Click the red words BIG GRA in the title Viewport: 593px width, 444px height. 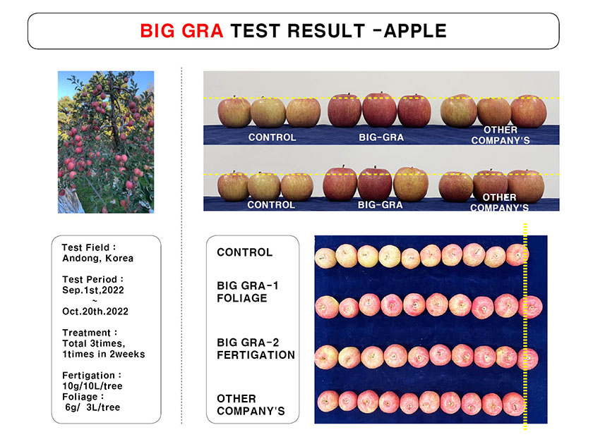(x=181, y=31)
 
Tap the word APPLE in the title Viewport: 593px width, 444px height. (x=415, y=31)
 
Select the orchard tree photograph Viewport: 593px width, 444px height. (x=106, y=142)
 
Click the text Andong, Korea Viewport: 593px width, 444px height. (x=98, y=258)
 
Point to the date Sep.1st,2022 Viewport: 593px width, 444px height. (x=93, y=290)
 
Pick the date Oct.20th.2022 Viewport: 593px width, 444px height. (x=95, y=312)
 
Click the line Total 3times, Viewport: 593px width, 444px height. (x=94, y=344)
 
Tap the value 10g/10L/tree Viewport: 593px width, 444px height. (x=92, y=386)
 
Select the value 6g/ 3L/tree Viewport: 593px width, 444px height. (x=92, y=407)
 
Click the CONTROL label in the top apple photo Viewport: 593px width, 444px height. (x=272, y=137)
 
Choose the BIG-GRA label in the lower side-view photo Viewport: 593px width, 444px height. (x=380, y=205)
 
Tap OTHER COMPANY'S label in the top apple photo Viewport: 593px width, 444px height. (x=501, y=135)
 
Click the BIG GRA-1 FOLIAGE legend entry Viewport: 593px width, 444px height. (x=248, y=292)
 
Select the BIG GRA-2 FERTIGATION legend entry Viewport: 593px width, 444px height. (x=256, y=349)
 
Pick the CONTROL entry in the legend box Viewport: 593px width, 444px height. (x=245, y=252)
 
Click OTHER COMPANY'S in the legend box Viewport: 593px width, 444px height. (x=251, y=405)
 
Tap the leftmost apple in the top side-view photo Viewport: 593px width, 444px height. (x=234, y=112)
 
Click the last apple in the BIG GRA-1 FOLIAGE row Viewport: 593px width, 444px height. (x=531, y=307)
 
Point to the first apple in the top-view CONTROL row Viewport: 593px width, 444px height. (x=325, y=258)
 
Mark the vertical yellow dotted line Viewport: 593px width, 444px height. (x=525, y=326)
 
